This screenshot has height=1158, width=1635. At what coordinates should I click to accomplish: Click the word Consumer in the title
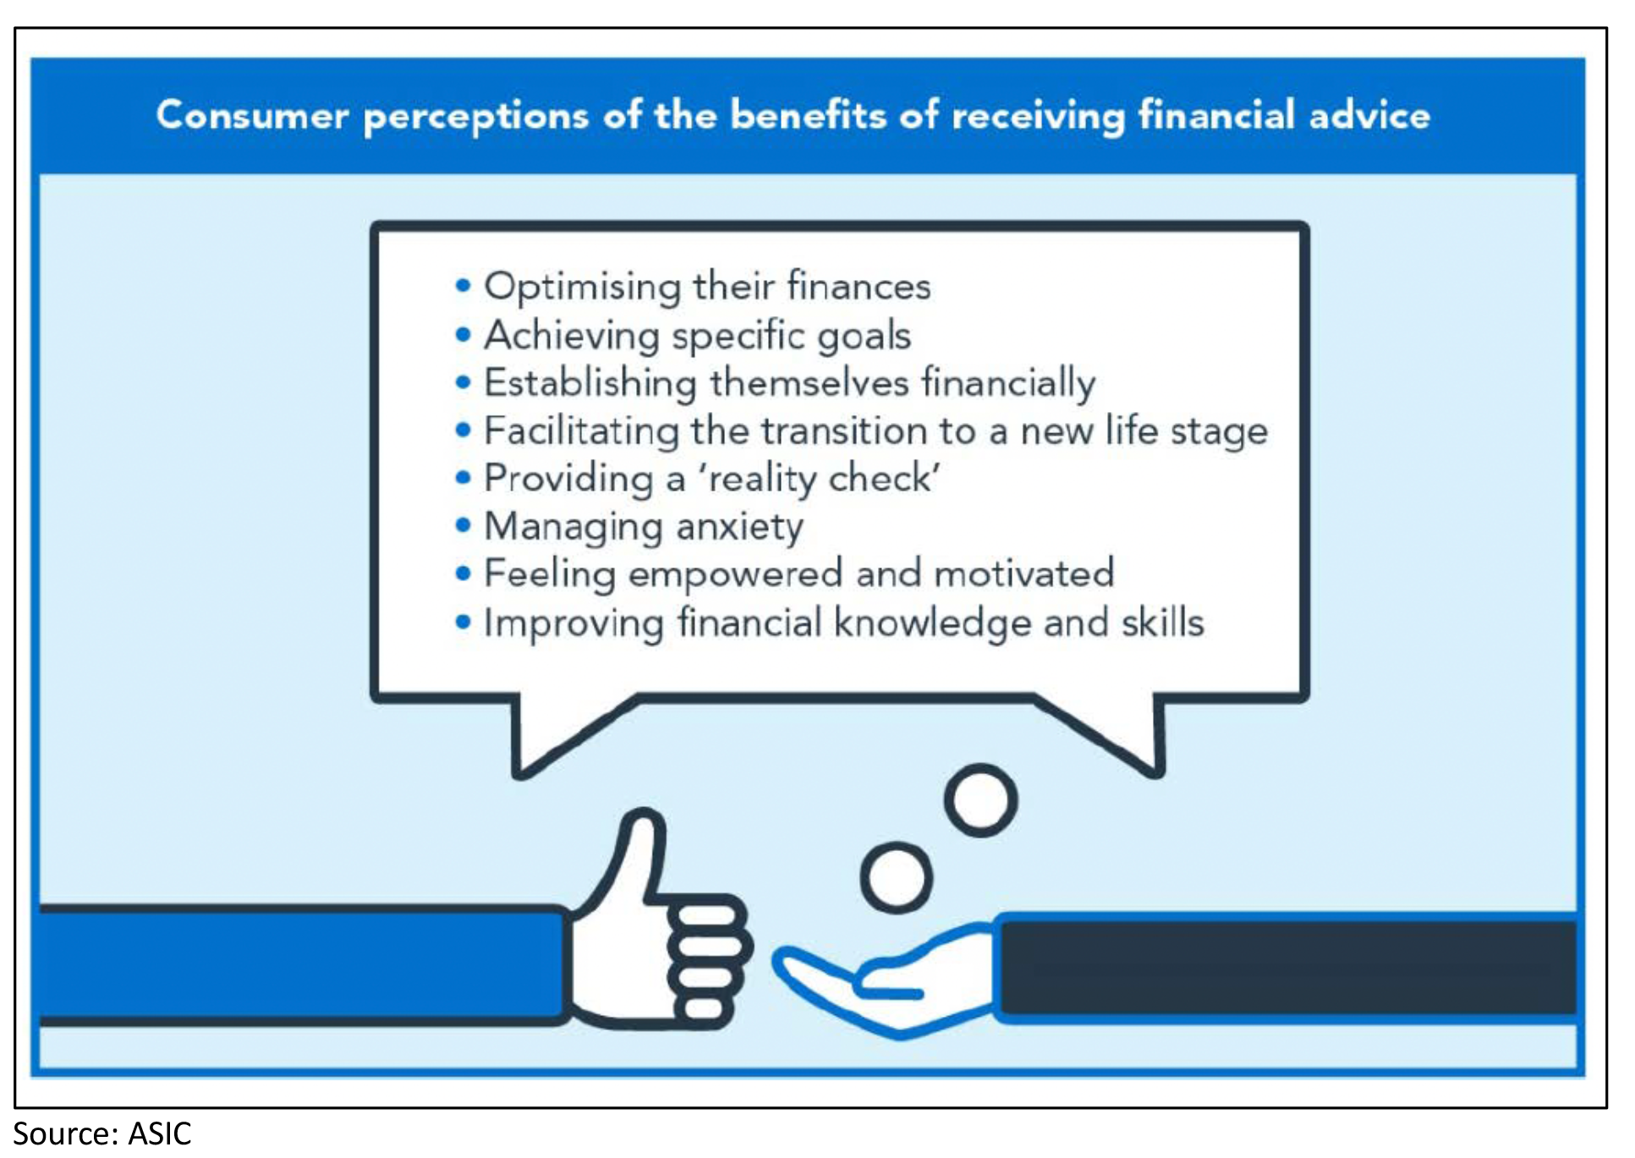tap(252, 115)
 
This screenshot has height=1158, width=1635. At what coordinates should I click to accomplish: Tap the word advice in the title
tap(1369, 114)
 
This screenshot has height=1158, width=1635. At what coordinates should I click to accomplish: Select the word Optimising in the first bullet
tap(582, 287)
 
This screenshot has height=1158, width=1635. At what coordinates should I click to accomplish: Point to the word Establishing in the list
tap(590, 383)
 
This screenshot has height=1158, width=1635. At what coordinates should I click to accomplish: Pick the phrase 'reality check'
tap(818, 479)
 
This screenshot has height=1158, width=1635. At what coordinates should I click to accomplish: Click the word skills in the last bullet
tap(1162, 623)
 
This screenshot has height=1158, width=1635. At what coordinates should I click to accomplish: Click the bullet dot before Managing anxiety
tap(463, 525)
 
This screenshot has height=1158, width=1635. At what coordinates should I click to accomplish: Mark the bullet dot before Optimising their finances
tap(463, 285)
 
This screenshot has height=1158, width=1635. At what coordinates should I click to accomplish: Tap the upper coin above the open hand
tap(980, 800)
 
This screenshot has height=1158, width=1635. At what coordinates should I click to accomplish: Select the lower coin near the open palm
tap(896, 877)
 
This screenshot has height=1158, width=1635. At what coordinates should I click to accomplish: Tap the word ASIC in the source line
tap(160, 1133)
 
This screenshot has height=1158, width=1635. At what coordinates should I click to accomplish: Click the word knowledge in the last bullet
tap(932, 623)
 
